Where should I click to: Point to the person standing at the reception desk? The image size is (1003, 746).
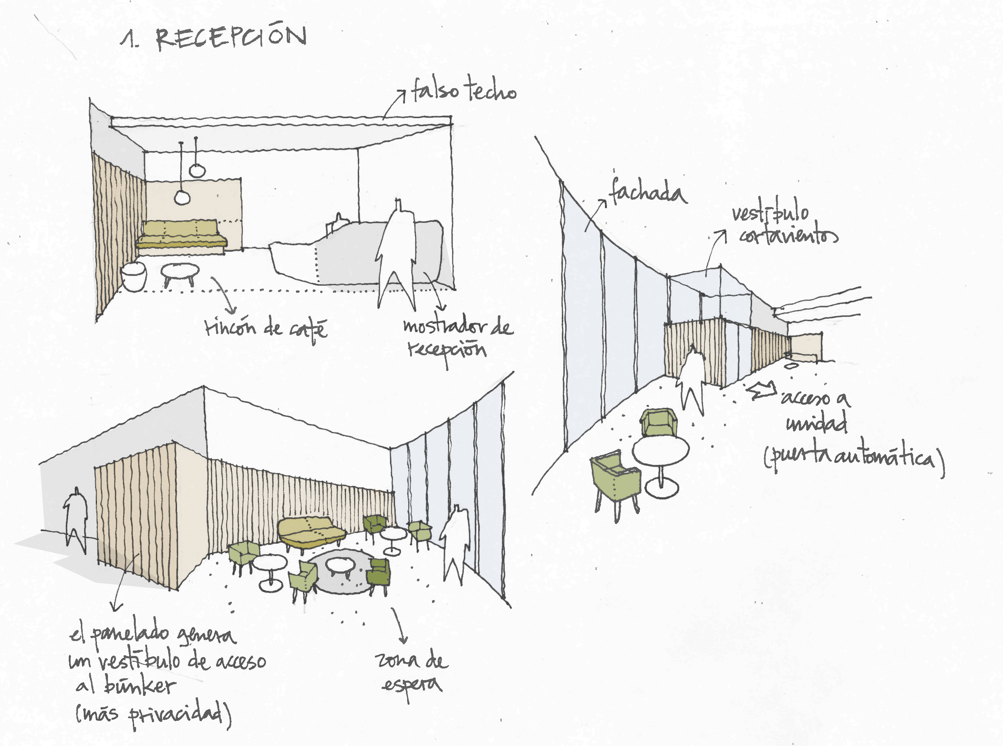coord(396,253)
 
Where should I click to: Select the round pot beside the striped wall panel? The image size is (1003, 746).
coord(134,275)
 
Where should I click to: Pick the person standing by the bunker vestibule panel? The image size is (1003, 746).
coord(76,517)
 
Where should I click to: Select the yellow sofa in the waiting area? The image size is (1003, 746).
coord(311,532)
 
